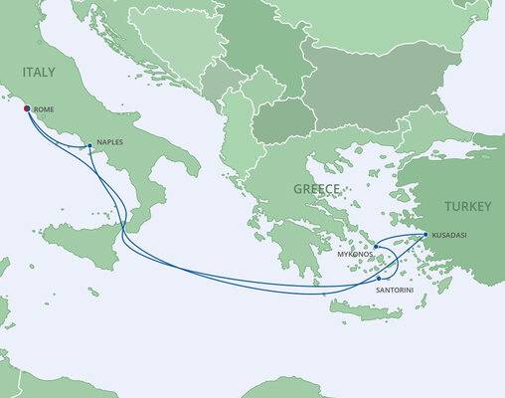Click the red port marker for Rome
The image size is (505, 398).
click(25, 106)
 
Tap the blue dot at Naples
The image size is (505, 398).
click(90, 145)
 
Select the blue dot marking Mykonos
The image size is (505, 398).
click(376, 245)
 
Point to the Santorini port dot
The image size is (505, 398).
click(379, 278)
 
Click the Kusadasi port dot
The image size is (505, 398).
click(425, 235)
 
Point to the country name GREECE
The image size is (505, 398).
click(317, 189)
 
